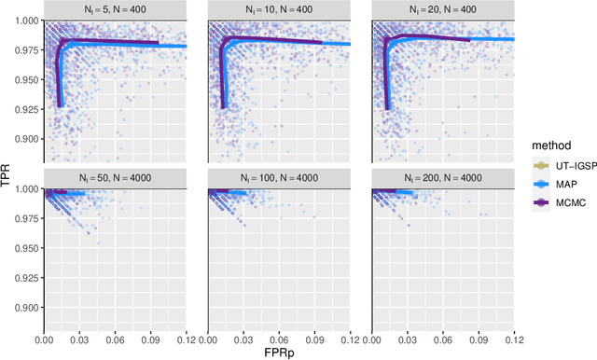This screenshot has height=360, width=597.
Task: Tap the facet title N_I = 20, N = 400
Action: click(x=444, y=9)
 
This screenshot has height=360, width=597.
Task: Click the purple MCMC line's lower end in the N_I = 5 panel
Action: click(x=59, y=106)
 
